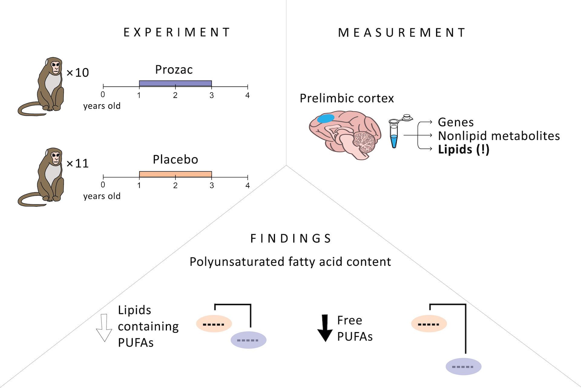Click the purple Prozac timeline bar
coord(175,84)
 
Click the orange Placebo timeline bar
coord(175,174)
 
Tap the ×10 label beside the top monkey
coord(77,73)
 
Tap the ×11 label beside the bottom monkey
coord(77,163)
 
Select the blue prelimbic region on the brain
coord(325,118)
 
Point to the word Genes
coord(456,122)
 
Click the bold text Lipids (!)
coord(464,150)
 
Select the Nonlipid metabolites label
coord(499,136)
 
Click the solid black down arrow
coord(325,328)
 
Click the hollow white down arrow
coord(104,328)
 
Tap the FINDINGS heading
coord(291,239)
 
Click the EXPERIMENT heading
coord(177,32)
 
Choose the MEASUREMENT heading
coord(402,33)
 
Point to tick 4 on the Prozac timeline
coord(248,87)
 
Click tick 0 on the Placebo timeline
coord(103,177)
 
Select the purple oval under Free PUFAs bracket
coord(463,367)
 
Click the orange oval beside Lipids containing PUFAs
coord(214,324)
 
